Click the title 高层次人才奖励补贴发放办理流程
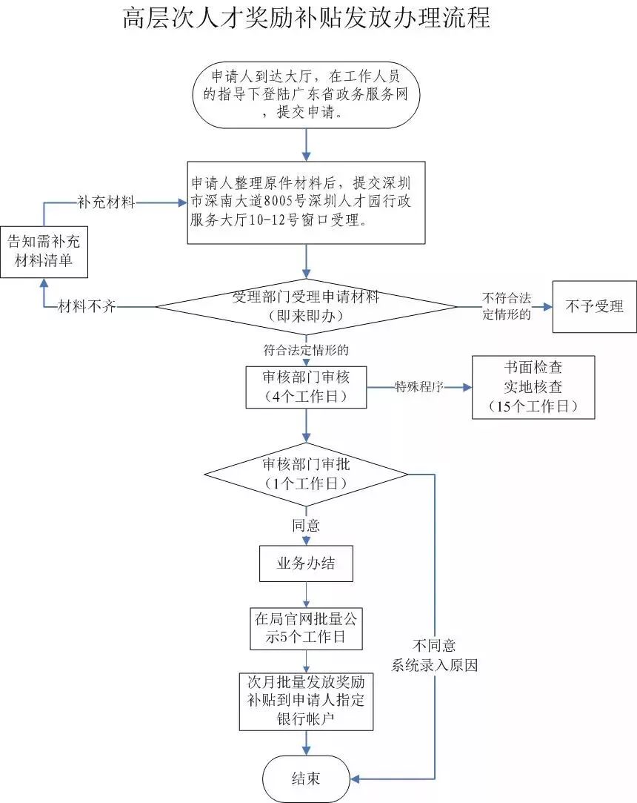307,19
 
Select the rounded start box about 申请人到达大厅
306,95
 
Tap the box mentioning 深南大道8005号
306,203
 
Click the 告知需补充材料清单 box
44,252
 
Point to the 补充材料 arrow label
107,202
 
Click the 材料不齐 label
87,307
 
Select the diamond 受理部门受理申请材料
306,307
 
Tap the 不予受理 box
595,307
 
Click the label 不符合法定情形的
507,306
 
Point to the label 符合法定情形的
306,350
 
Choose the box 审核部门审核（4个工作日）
306,387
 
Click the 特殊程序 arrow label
419,386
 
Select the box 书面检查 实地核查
533,387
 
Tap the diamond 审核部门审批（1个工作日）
306,475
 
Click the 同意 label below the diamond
306,526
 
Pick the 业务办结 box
306,564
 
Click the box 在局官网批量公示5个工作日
306,629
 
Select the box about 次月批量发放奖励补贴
306,701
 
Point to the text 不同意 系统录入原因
434,655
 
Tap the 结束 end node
306,779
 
